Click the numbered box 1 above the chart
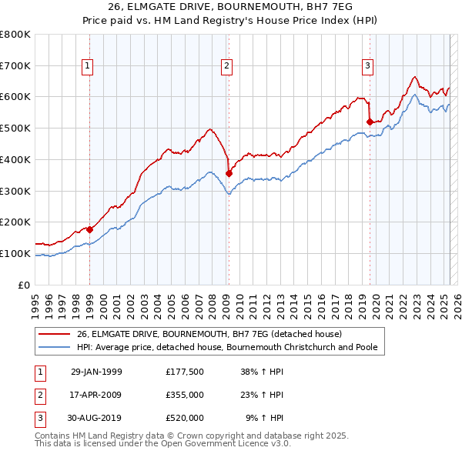click(89, 67)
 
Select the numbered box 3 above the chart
click(369, 67)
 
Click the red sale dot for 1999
click(90, 229)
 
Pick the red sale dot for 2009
click(229, 173)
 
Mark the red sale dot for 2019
click(370, 121)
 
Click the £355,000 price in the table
click(185, 395)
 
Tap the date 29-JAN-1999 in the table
click(96, 372)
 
